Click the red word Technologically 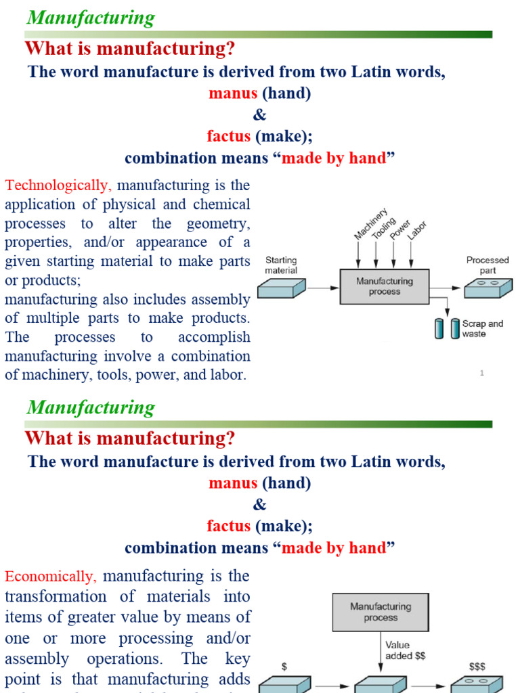(x=58, y=185)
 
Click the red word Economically (x=51, y=577)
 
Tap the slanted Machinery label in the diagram (x=371, y=224)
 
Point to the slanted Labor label (x=417, y=232)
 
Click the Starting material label (x=281, y=265)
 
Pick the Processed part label (x=487, y=265)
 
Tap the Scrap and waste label (x=482, y=328)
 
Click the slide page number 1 (x=482, y=373)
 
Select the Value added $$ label (x=405, y=650)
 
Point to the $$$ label (x=477, y=667)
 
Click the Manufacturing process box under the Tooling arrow (x=385, y=286)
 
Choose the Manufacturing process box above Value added (x=380, y=612)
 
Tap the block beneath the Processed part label (x=487, y=288)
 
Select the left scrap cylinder (x=439, y=329)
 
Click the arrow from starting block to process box (x=322, y=287)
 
